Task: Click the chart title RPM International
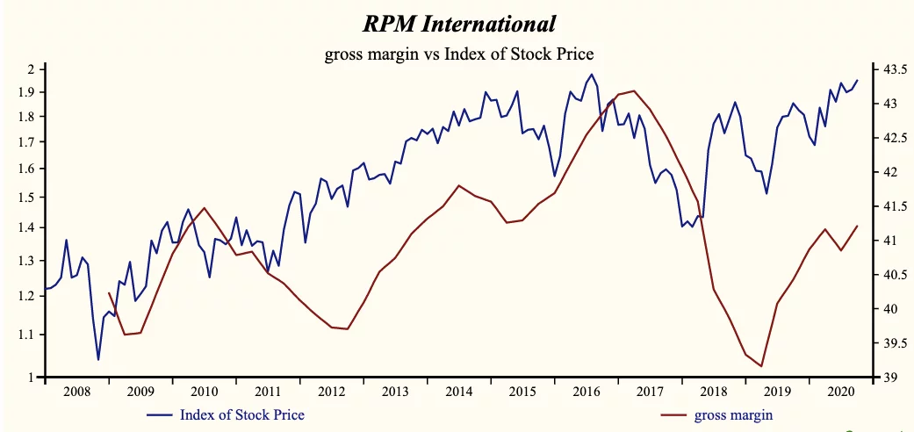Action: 459,23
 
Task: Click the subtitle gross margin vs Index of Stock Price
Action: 459,54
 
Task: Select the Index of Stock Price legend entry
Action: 241,414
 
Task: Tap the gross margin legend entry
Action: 733,414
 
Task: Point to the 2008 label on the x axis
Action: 76,392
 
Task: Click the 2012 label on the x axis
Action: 331,392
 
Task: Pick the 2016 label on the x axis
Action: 586,392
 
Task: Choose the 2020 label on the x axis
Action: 840,392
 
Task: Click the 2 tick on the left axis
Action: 30,69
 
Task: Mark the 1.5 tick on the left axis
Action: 25,198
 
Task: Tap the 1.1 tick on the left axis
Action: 25,335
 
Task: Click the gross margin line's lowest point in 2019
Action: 762,366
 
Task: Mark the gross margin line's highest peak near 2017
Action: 633,90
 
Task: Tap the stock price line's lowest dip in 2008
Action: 98,359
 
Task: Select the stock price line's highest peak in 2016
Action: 591,75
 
